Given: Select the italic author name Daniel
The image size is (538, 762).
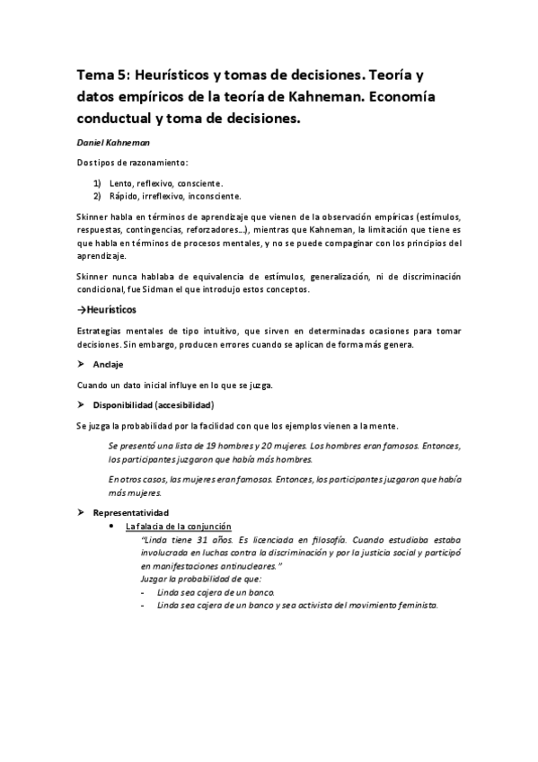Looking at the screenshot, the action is click(93, 142).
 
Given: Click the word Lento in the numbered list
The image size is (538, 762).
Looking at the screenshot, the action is click(120, 182).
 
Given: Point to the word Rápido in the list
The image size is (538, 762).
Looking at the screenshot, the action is click(123, 195).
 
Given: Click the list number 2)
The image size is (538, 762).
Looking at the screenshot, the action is click(97, 195).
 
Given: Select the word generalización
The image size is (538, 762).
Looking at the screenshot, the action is click(317, 276).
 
